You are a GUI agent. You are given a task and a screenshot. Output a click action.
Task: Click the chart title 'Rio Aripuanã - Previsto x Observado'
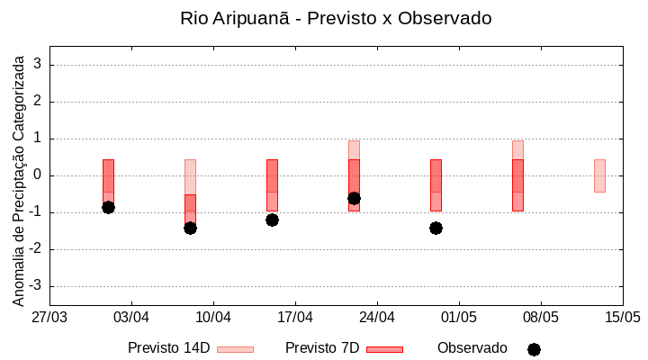pyautogui.click(x=336, y=18)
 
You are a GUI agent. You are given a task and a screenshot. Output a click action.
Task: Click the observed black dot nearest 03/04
pyautogui.click(x=108, y=207)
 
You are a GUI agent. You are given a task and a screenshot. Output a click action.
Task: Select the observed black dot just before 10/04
pyautogui.click(x=190, y=228)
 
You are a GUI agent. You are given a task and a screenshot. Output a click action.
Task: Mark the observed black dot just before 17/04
pyautogui.click(x=272, y=220)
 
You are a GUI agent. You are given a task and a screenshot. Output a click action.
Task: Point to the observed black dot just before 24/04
pyautogui.click(x=354, y=198)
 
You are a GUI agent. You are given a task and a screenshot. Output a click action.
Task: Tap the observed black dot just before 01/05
pyautogui.click(x=436, y=228)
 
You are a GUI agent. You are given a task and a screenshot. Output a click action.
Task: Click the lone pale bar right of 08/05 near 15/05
pyautogui.click(x=599, y=175)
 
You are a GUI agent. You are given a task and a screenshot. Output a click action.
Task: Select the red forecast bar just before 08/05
pyautogui.click(x=517, y=185)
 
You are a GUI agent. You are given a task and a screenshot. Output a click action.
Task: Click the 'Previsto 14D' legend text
pyautogui.click(x=168, y=348)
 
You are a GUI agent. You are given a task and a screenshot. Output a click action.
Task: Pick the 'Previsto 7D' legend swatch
pyautogui.click(x=384, y=349)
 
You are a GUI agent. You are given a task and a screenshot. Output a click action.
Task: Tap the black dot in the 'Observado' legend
pyautogui.click(x=534, y=349)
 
